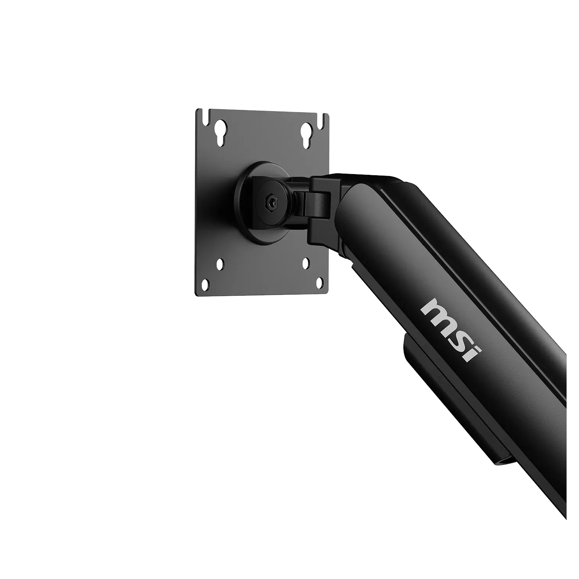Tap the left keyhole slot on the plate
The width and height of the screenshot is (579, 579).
pyautogui.click(x=220, y=132)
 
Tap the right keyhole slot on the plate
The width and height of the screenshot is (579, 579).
pyautogui.click(x=307, y=135)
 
